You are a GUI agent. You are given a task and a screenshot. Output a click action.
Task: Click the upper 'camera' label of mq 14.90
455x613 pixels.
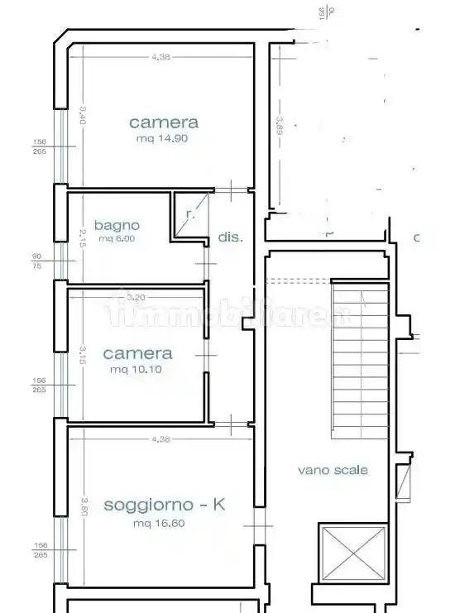click(x=164, y=122)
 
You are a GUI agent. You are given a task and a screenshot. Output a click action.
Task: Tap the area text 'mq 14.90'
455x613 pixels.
click(x=163, y=139)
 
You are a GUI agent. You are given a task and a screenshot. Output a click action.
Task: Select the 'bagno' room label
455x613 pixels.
click(x=117, y=224)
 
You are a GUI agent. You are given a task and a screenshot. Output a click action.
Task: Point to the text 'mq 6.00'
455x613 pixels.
click(x=117, y=239)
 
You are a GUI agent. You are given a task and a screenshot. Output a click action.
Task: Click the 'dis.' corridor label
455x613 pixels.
click(x=231, y=237)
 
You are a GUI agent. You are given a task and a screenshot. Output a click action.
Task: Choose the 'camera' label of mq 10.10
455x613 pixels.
click(x=137, y=353)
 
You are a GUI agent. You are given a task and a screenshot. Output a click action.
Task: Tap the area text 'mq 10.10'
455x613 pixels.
click(x=136, y=369)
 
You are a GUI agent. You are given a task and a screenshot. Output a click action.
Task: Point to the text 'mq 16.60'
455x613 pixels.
click(x=156, y=523)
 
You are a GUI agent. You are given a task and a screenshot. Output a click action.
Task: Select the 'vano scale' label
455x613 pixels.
click(x=333, y=470)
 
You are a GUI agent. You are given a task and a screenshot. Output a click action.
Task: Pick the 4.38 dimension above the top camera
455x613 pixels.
click(x=161, y=56)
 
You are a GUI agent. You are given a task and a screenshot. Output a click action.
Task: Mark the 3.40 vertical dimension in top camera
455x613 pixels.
click(x=82, y=114)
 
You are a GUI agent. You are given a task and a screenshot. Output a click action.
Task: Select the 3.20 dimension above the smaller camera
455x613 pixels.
click(x=136, y=297)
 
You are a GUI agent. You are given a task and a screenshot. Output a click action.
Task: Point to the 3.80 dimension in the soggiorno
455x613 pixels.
click(x=84, y=505)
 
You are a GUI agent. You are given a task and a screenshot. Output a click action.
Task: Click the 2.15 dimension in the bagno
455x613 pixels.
click(x=82, y=237)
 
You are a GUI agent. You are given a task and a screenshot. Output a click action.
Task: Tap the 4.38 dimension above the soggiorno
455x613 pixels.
click(x=160, y=439)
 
